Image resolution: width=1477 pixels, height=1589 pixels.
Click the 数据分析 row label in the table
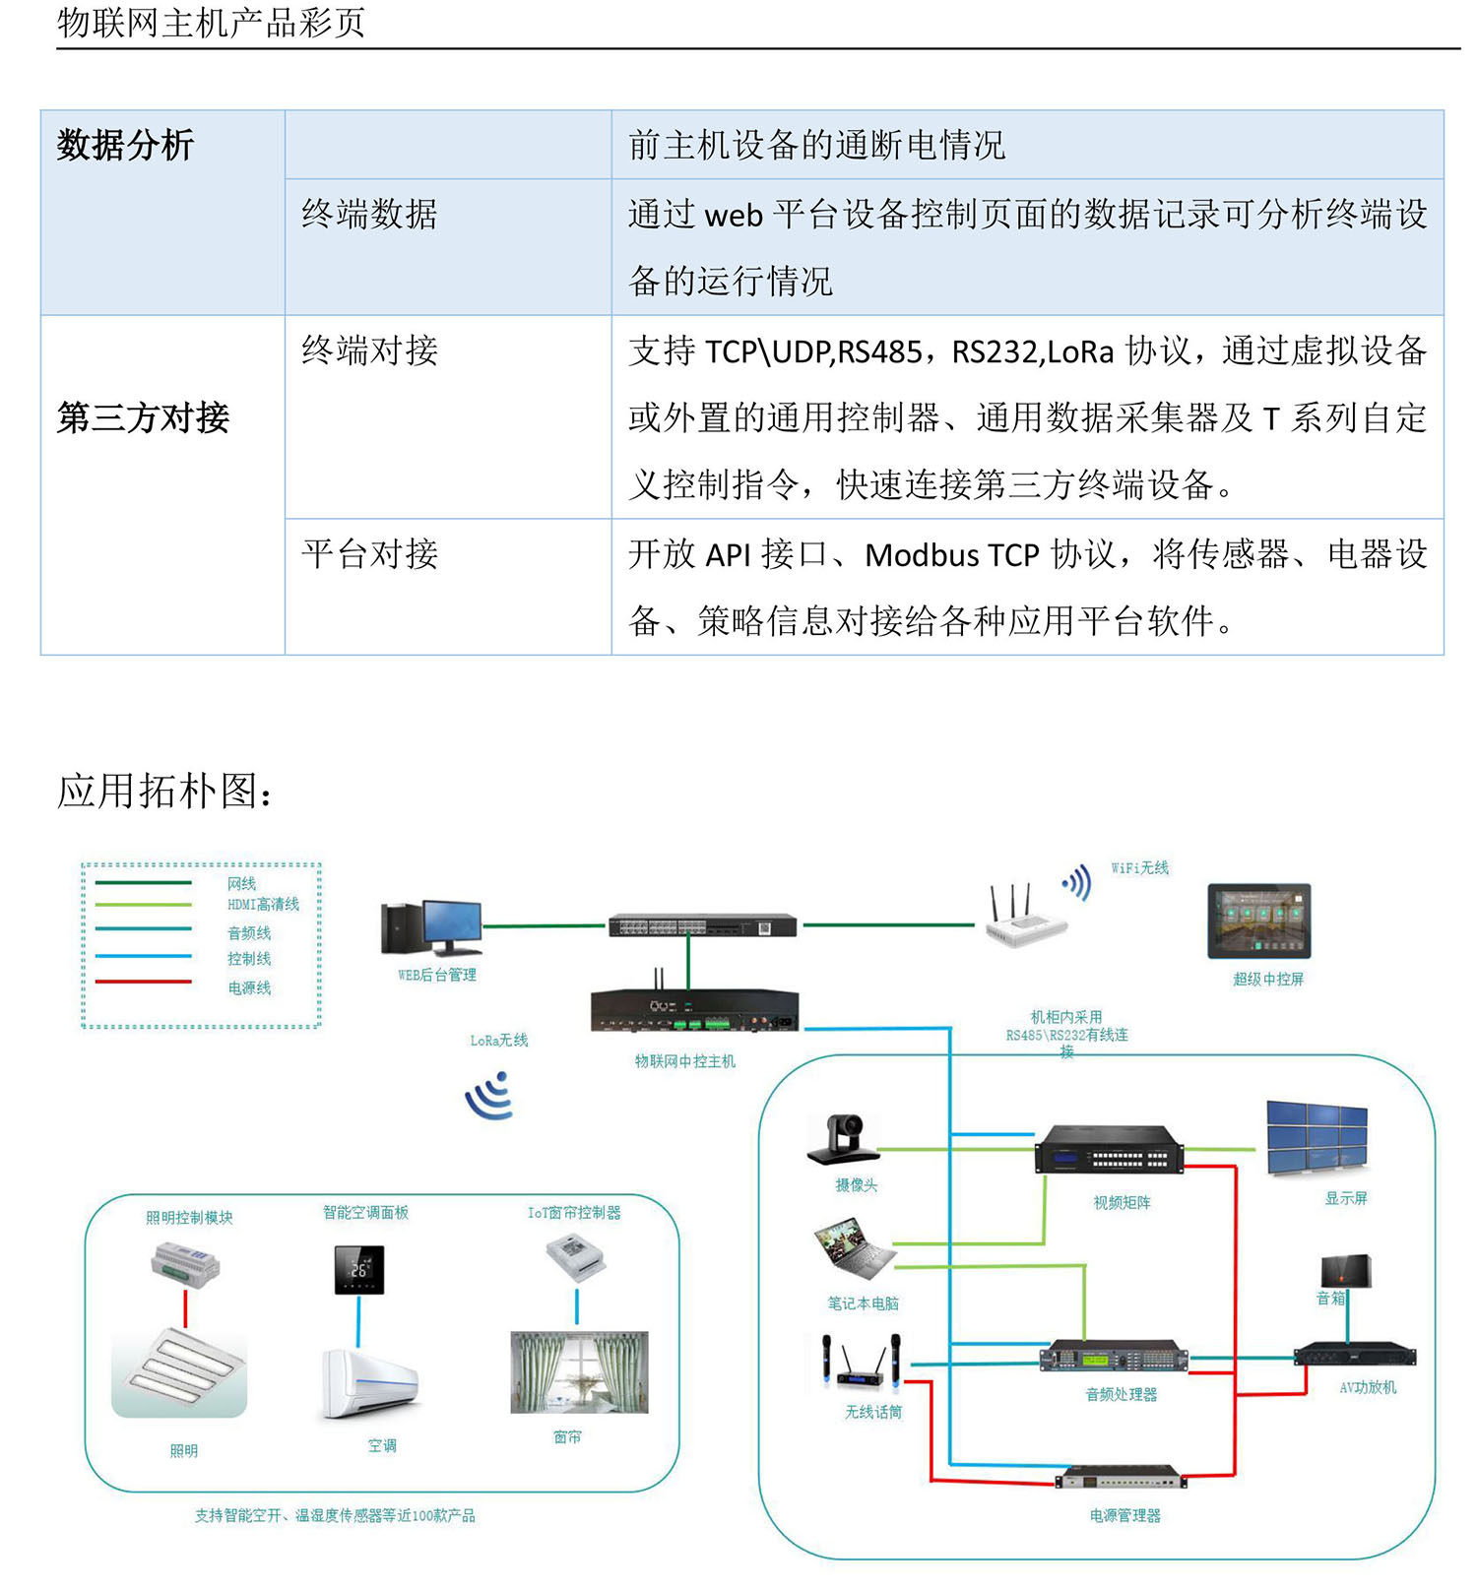point(125,146)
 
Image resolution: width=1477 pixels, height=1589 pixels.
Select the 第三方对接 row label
point(143,417)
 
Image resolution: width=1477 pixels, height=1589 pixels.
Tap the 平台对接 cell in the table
point(369,554)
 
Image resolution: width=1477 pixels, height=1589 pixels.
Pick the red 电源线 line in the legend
point(144,982)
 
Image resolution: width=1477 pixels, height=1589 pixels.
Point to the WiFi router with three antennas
point(1024,920)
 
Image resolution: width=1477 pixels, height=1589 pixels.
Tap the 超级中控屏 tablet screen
point(1259,921)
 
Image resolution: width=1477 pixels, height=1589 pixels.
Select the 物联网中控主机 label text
point(684,1061)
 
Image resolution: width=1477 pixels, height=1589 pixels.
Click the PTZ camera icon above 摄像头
point(843,1140)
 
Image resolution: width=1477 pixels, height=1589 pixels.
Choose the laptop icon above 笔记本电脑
point(853,1249)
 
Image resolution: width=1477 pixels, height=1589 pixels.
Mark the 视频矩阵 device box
point(1108,1150)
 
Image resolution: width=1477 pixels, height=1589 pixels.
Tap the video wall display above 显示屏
point(1316,1137)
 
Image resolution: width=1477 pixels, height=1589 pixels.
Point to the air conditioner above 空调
point(370,1382)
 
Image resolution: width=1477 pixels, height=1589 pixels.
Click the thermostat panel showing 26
point(359,1270)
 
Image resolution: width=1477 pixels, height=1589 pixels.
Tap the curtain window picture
point(579,1372)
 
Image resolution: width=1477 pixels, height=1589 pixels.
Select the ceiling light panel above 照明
point(179,1372)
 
